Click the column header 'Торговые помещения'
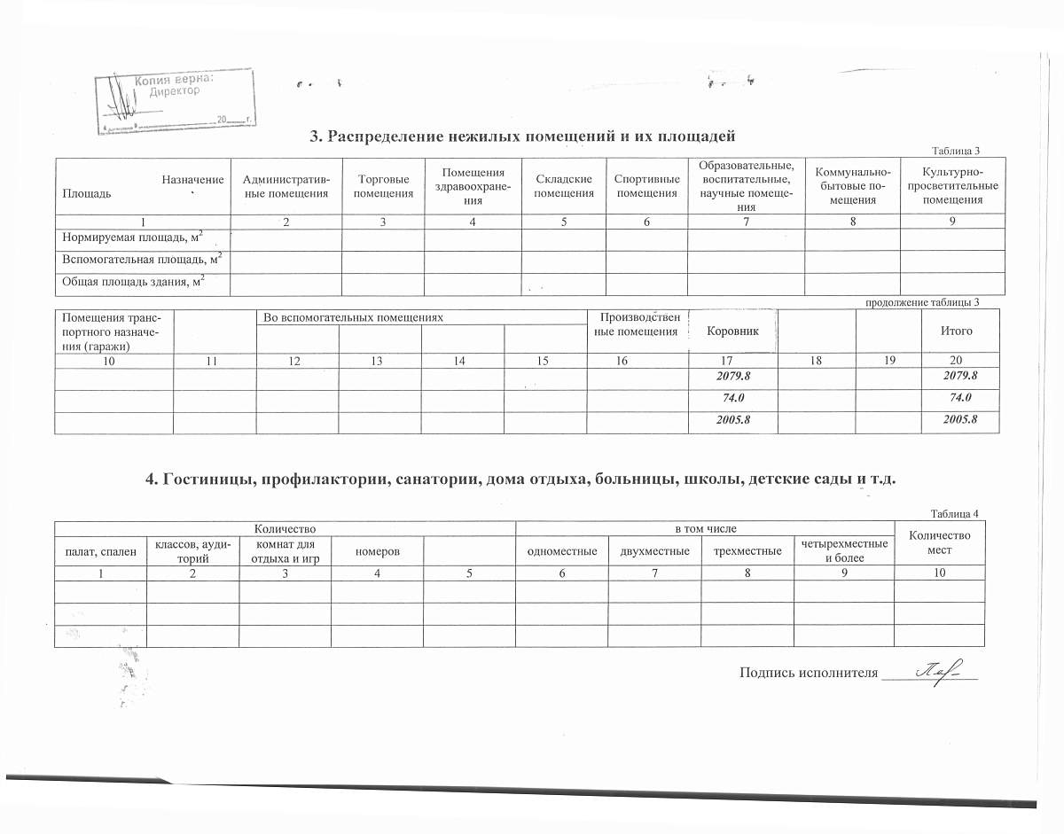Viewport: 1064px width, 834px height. pyautogui.click(x=383, y=186)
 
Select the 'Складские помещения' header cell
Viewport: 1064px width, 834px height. pyautogui.click(x=564, y=186)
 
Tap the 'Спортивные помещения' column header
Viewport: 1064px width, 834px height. pyautogui.click(x=646, y=186)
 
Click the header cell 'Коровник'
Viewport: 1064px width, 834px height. pyautogui.click(x=732, y=331)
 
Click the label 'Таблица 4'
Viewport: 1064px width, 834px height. pyautogui.click(x=954, y=514)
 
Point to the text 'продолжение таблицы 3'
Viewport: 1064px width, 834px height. pyautogui.click(x=921, y=302)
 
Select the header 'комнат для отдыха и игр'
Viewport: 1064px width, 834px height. pyautogui.click(x=285, y=550)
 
